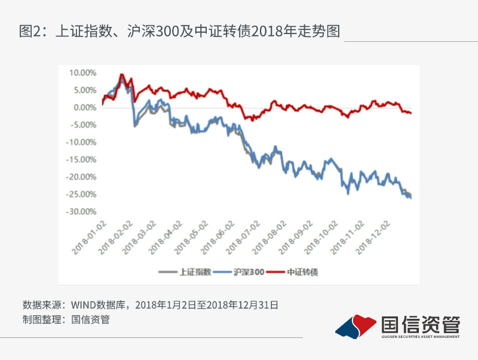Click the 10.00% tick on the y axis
coord(84,73)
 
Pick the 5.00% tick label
coord(85,90)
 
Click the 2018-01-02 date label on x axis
coord(90,236)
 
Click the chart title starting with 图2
coord(179,31)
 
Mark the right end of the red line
coord(411,113)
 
